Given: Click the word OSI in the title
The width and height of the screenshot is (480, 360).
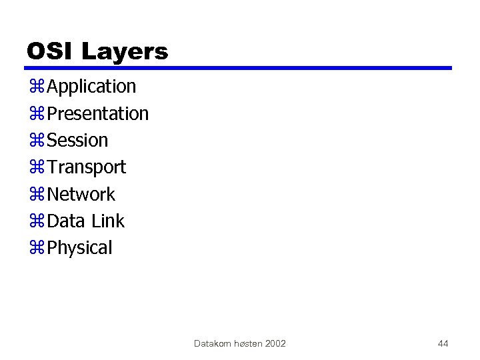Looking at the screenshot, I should tap(50, 51).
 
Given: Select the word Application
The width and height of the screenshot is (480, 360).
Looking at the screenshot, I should tap(92, 87).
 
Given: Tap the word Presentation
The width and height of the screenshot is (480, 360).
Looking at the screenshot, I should tap(98, 113).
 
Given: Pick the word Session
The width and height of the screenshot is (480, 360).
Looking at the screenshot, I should tap(77, 140).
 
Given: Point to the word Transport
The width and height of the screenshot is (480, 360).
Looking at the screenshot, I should tap(87, 167).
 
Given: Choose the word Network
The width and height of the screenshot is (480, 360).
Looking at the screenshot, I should tap(81, 194).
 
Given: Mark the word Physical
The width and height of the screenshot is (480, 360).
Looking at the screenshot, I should tap(80, 248).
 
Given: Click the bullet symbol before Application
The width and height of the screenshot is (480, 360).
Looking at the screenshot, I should tap(37, 87).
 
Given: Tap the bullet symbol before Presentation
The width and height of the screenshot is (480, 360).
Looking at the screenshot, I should tap(37, 114).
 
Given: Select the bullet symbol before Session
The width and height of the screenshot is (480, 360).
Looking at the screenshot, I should tap(37, 141).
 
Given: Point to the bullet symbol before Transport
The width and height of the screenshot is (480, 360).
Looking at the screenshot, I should tap(37, 167).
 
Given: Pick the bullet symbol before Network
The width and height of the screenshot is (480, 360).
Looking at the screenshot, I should tap(37, 195).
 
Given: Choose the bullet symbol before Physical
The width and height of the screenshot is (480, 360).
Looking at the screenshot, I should tap(37, 248).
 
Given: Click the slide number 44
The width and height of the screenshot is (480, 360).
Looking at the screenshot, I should tap(443, 343).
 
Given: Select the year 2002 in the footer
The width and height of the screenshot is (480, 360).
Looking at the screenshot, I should tap(275, 343).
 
